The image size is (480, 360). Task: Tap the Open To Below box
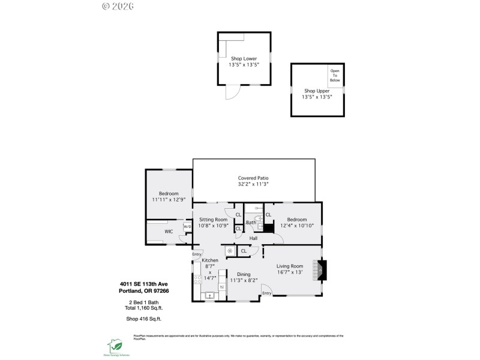click(x=335, y=76)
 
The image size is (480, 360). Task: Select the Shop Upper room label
click(x=316, y=91)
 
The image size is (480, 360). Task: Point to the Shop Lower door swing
click(x=232, y=93)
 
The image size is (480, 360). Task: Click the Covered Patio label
click(x=253, y=178)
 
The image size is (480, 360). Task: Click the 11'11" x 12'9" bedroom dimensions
click(x=169, y=200)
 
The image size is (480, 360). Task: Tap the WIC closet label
click(x=169, y=231)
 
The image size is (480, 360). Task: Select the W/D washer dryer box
click(x=187, y=227)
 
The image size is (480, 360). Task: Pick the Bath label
click(x=250, y=223)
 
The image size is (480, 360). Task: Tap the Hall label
click(x=254, y=239)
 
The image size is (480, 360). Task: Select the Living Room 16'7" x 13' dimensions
click(x=289, y=272)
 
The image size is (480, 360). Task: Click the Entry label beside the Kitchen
click(x=197, y=254)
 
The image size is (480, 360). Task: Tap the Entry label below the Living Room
click(x=266, y=293)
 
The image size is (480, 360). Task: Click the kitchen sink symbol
click(x=210, y=295)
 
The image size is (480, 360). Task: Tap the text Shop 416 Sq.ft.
click(x=143, y=319)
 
